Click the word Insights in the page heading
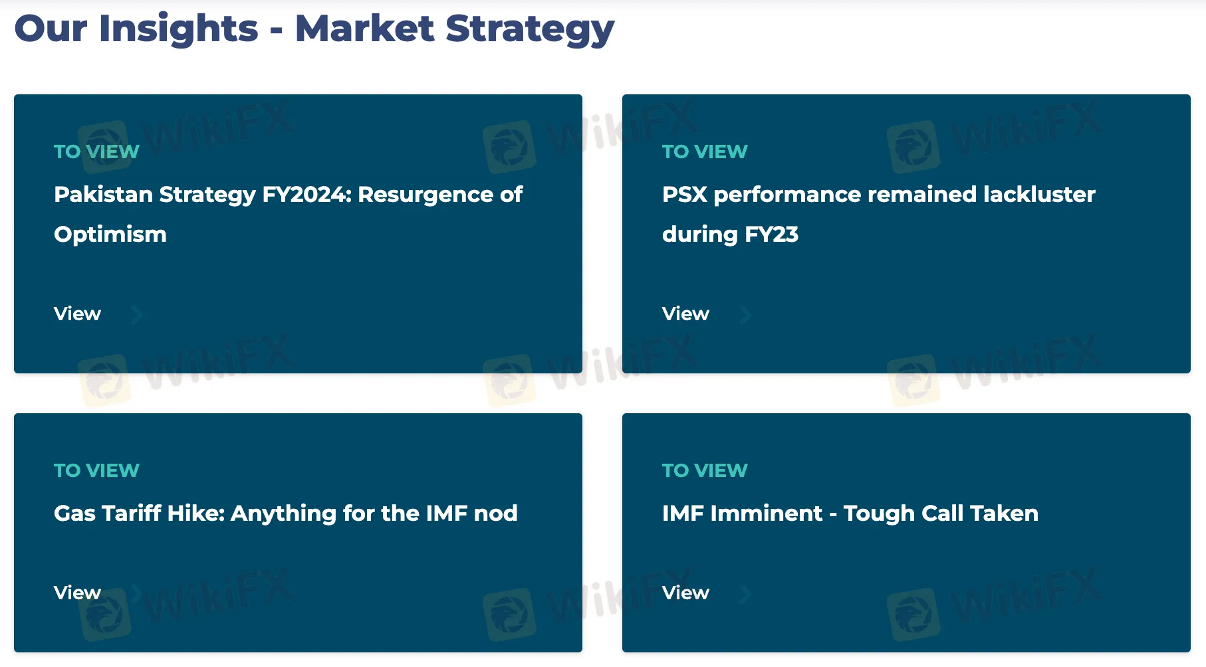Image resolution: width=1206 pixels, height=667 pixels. (x=178, y=29)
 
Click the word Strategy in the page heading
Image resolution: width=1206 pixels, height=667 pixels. (x=530, y=29)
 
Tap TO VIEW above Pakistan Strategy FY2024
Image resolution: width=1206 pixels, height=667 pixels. (x=96, y=151)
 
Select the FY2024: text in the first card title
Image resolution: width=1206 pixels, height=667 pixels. (x=306, y=195)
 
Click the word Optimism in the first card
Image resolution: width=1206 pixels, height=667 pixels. (x=110, y=235)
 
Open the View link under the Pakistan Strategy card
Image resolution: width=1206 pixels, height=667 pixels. (x=77, y=314)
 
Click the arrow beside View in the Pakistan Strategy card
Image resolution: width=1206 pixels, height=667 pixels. (x=137, y=314)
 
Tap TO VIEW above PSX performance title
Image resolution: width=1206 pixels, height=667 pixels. (x=705, y=151)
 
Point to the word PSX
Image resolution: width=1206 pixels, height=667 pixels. (x=685, y=195)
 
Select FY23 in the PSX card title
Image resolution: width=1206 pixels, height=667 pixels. (x=771, y=235)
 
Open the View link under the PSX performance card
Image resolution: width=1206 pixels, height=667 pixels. (x=685, y=314)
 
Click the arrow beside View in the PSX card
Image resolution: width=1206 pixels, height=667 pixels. (x=746, y=314)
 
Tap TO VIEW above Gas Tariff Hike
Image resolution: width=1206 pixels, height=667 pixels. (x=96, y=470)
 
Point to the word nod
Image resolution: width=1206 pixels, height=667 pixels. (x=495, y=514)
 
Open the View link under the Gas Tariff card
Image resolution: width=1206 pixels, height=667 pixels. (x=77, y=593)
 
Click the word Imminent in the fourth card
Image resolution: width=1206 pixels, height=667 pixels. (x=766, y=514)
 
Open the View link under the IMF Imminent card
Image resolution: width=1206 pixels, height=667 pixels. (x=685, y=593)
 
